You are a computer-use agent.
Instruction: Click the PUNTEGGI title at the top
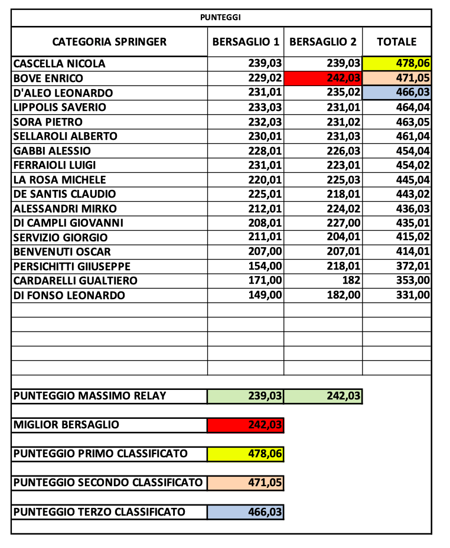point(220,18)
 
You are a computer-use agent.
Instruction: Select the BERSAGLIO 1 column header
point(246,42)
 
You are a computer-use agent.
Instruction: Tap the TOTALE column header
point(397,42)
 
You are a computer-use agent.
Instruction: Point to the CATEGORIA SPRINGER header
point(109,42)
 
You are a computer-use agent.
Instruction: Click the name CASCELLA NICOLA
point(59,64)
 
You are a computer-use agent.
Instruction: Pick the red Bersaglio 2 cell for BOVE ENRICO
point(323,78)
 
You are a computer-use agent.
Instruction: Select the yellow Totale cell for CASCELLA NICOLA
point(397,64)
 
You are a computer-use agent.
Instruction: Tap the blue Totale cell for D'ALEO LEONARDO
point(397,93)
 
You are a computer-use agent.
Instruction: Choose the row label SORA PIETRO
point(48,122)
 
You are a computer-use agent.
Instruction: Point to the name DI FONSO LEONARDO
point(69,296)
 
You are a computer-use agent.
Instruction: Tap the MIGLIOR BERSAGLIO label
point(66,425)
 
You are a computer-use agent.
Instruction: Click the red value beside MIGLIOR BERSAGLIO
point(246,425)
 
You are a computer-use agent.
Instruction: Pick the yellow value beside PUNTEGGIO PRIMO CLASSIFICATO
point(246,454)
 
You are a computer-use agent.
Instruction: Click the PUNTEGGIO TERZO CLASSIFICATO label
point(99,512)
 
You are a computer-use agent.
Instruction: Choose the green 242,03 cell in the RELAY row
point(323,396)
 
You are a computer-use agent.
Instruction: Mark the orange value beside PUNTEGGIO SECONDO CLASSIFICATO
point(246,483)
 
